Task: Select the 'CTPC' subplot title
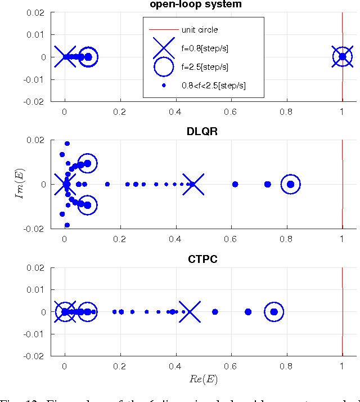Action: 203,259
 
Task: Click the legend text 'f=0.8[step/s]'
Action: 205,48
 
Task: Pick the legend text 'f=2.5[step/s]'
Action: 205,67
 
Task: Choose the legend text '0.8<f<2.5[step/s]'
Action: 213,86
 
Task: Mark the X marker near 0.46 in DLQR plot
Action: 192,184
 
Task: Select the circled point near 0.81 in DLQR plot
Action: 290,184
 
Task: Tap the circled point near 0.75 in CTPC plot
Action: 274,311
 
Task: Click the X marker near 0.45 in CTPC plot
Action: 190,311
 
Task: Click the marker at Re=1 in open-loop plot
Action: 342,57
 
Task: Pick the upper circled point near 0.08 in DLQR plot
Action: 87,163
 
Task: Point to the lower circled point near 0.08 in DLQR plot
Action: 87,205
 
